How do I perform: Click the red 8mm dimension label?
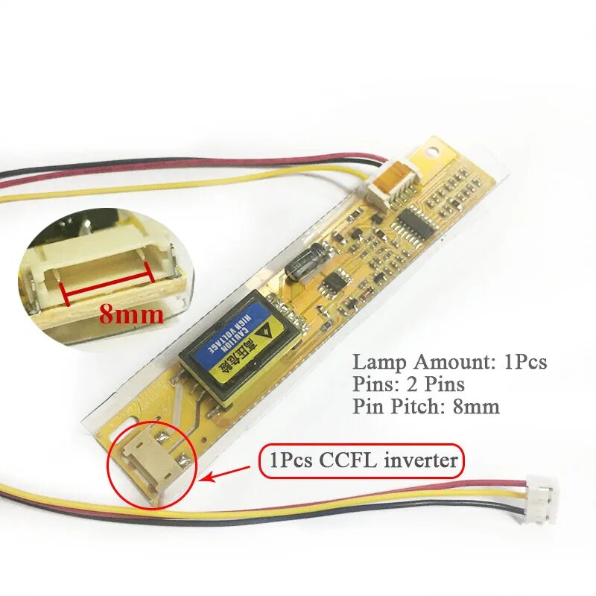(131, 314)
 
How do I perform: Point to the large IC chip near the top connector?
(413, 221)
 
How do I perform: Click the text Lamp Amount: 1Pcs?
(450, 363)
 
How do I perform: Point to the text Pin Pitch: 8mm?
(426, 407)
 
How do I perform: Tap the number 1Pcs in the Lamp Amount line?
(526, 363)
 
